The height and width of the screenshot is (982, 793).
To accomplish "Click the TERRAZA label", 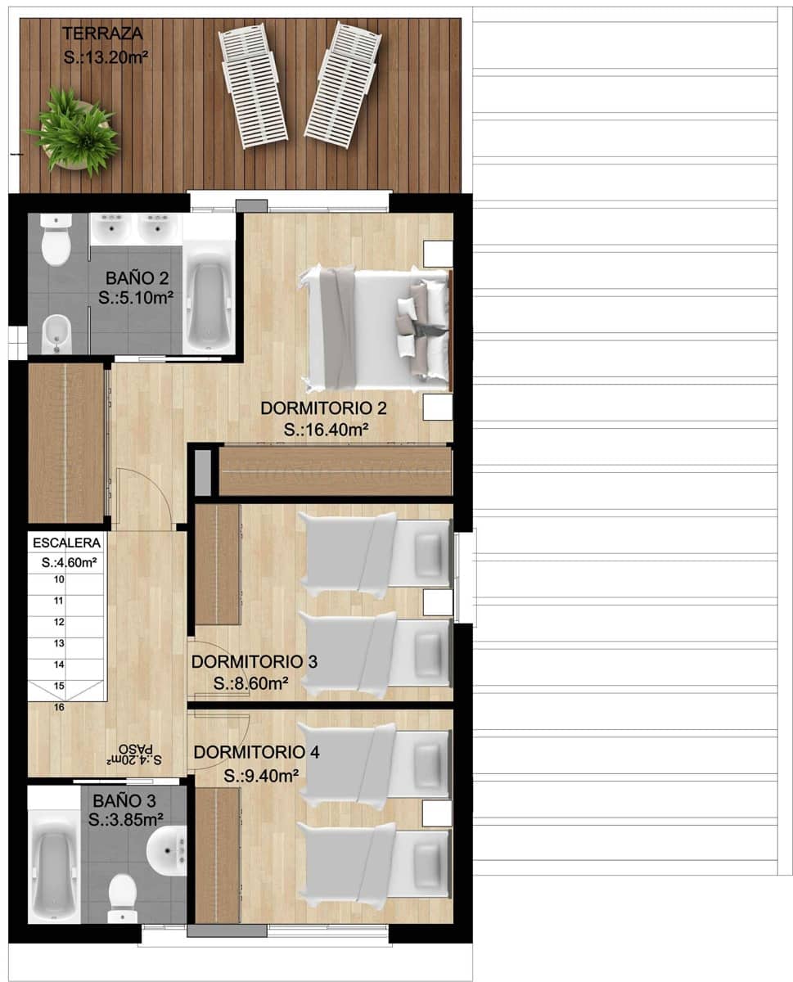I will click(x=103, y=34).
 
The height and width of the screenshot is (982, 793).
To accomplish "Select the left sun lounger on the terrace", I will click(x=253, y=84).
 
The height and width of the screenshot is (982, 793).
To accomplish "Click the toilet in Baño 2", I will click(x=56, y=241).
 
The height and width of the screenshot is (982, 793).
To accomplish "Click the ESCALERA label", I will click(x=67, y=543).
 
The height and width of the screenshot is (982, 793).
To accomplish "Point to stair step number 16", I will click(x=59, y=708).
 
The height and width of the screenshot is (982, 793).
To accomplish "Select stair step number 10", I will click(x=59, y=579).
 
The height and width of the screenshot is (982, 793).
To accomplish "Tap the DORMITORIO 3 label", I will click(x=253, y=661).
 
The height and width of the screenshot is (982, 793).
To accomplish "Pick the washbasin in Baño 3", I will click(x=168, y=850).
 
